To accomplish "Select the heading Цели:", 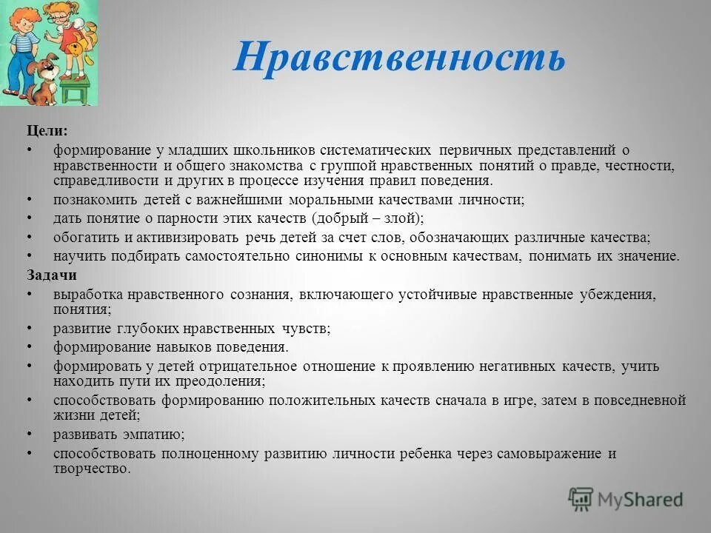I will (x=47, y=130).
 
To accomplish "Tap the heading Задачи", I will (x=52, y=275).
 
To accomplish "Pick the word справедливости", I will (x=104, y=181).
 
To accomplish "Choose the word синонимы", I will (x=316, y=256).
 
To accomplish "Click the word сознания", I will (x=260, y=294).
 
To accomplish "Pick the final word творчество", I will (x=91, y=469).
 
